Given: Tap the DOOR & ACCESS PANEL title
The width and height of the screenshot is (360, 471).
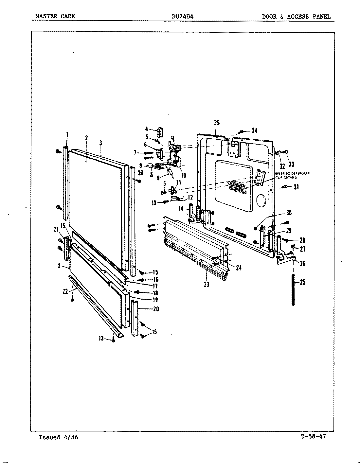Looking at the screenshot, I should [x=296, y=17].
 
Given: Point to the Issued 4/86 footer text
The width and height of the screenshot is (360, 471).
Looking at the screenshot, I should [x=59, y=437].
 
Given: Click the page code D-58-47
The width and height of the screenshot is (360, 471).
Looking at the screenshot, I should [x=313, y=437].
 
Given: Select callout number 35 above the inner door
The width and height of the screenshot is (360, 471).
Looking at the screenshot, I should [x=216, y=123].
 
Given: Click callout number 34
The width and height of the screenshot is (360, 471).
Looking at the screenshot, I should [x=254, y=131].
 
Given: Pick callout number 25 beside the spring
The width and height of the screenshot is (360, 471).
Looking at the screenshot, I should [x=302, y=282].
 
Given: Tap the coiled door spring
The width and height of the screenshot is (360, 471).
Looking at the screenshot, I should [x=293, y=290].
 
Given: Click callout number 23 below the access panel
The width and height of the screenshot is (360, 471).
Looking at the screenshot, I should [x=207, y=284].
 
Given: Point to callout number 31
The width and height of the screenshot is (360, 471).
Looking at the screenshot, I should [x=296, y=187].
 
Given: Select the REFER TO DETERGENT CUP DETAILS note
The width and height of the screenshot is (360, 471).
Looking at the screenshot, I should [x=293, y=175].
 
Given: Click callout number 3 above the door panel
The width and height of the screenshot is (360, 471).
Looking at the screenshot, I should [x=101, y=143].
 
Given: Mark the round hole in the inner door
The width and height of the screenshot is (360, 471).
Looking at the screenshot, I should [x=261, y=201].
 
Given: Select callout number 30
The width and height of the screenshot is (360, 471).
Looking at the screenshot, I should [x=289, y=213].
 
